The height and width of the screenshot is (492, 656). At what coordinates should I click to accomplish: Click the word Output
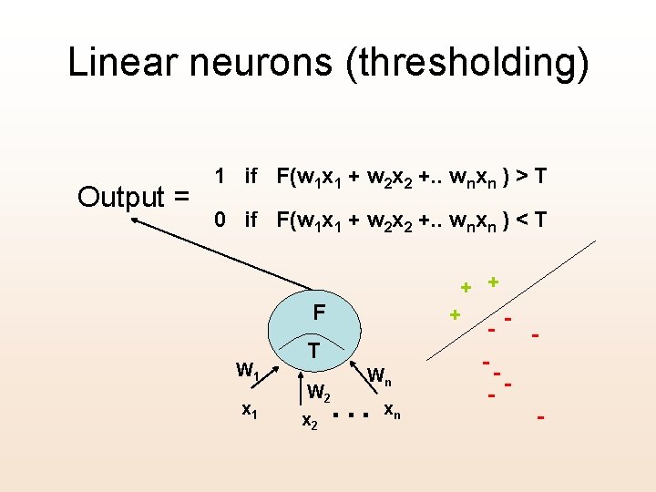click(x=122, y=196)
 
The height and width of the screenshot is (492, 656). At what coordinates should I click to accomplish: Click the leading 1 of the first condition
click(x=219, y=176)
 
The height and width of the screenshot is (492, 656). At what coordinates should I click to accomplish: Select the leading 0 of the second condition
click(x=219, y=220)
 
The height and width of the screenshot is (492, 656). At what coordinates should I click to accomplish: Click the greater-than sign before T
click(x=517, y=176)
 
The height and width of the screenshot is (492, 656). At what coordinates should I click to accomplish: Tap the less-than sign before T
click(x=517, y=220)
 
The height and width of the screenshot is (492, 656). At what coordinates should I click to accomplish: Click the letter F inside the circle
click(x=319, y=313)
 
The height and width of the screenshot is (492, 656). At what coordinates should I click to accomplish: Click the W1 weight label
click(x=248, y=371)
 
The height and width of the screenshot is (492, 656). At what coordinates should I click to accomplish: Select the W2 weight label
click(x=319, y=394)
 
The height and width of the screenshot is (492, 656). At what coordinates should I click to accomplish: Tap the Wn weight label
click(x=380, y=374)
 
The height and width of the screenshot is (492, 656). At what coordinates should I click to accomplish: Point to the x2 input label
click(x=310, y=421)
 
